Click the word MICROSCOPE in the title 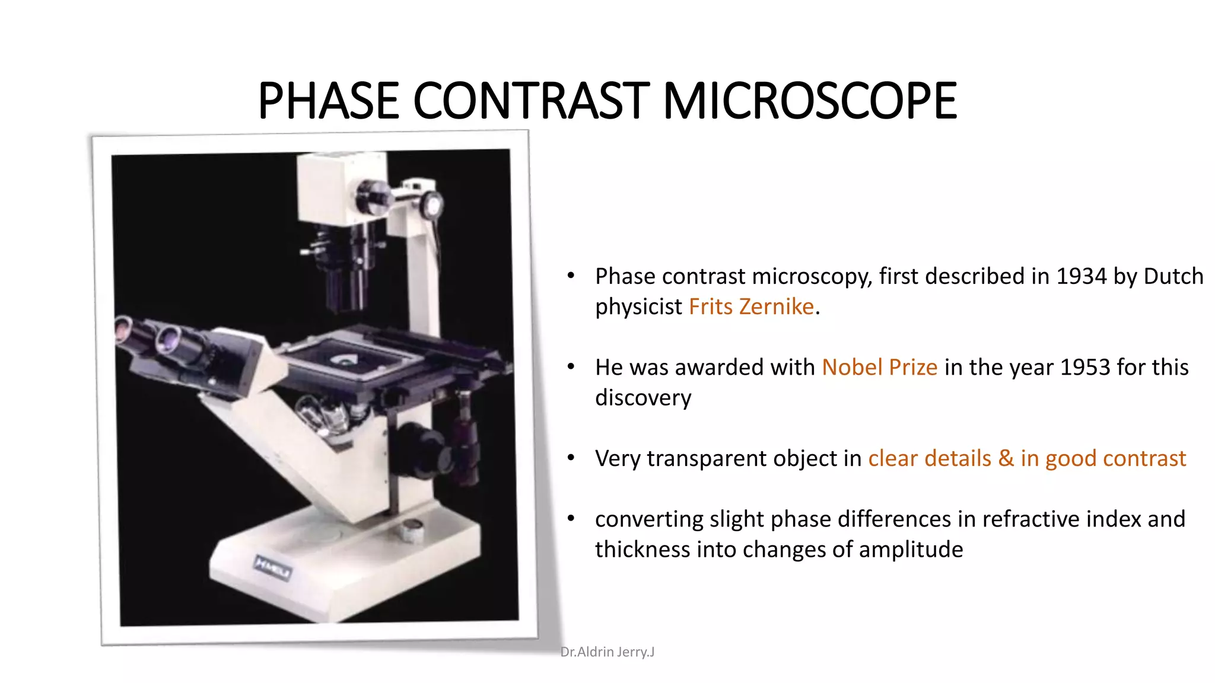[809, 101]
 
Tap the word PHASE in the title [329, 101]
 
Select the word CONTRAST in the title [531, 101]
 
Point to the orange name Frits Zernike [751, 307]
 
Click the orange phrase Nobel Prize [879, 368]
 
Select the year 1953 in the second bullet [1085, 368]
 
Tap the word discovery [643, 398]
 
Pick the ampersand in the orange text [1006, 458]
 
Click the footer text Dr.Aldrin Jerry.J [607, 652]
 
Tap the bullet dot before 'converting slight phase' [571, 519]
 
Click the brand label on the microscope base [272, 568]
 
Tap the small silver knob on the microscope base [411, 529]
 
